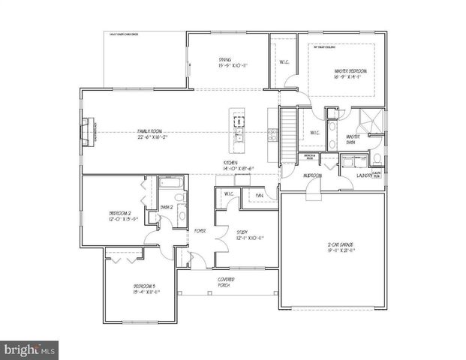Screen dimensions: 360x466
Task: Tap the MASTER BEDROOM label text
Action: coord(347,73)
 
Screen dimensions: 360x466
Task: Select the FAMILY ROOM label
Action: coord(152,131)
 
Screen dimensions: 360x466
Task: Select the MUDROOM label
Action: coord(312,175)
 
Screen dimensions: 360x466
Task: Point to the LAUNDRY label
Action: coord(365,176)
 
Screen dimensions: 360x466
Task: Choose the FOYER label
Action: coord(201,230)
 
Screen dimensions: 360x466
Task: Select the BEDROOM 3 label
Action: coord(144,289)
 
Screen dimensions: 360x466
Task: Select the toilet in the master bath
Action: coord(377,159)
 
